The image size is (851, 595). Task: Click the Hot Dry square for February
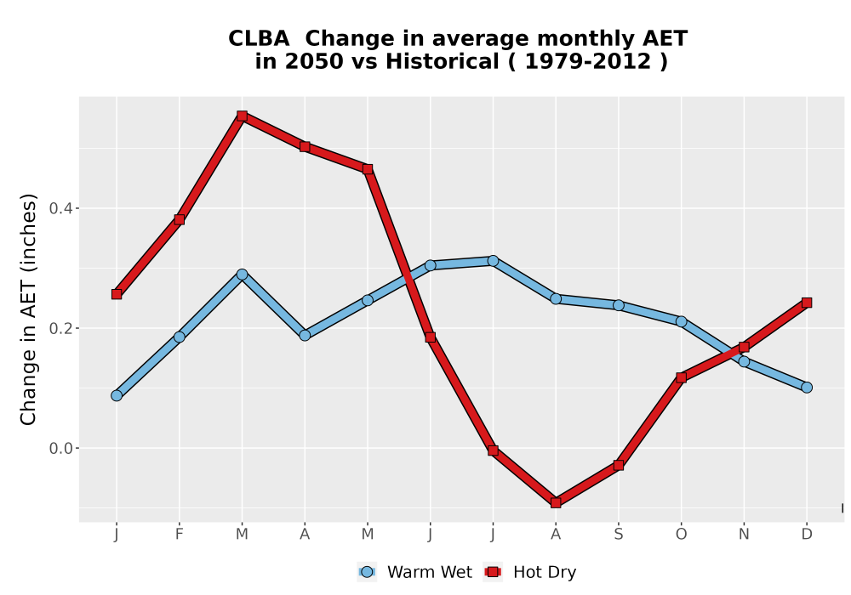[x=179, y=219]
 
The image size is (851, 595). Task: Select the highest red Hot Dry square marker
[x=242, y=116]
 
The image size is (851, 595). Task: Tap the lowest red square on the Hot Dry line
[x=556, y=503]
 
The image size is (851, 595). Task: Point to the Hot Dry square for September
[x=618, y=465]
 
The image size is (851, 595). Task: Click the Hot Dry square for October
[x=681, y=377]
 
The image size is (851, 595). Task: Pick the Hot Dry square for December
[x=807, y=303]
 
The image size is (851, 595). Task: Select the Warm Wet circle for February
[x=179, y=337]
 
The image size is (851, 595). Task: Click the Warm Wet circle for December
[x=807, y=388]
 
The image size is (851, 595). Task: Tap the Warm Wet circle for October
[x=681, y=322]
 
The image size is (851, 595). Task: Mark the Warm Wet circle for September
[x=618, y=306]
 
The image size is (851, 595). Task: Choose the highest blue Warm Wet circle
[x=493, y=261]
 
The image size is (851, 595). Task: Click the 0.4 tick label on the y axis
[x=60, y=208]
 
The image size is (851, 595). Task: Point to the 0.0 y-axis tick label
[x=60, y=448]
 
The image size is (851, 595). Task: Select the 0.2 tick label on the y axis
[x=60, y=328]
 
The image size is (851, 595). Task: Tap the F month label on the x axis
[x=179, y=535]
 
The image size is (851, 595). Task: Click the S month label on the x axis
[x=618, y=535]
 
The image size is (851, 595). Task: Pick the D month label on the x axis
[x=807, y=535]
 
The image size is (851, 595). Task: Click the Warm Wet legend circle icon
[x=367, y=572]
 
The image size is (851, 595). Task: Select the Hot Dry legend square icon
[x=493, y=572]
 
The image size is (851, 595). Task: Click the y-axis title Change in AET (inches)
[x=28, y=309]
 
